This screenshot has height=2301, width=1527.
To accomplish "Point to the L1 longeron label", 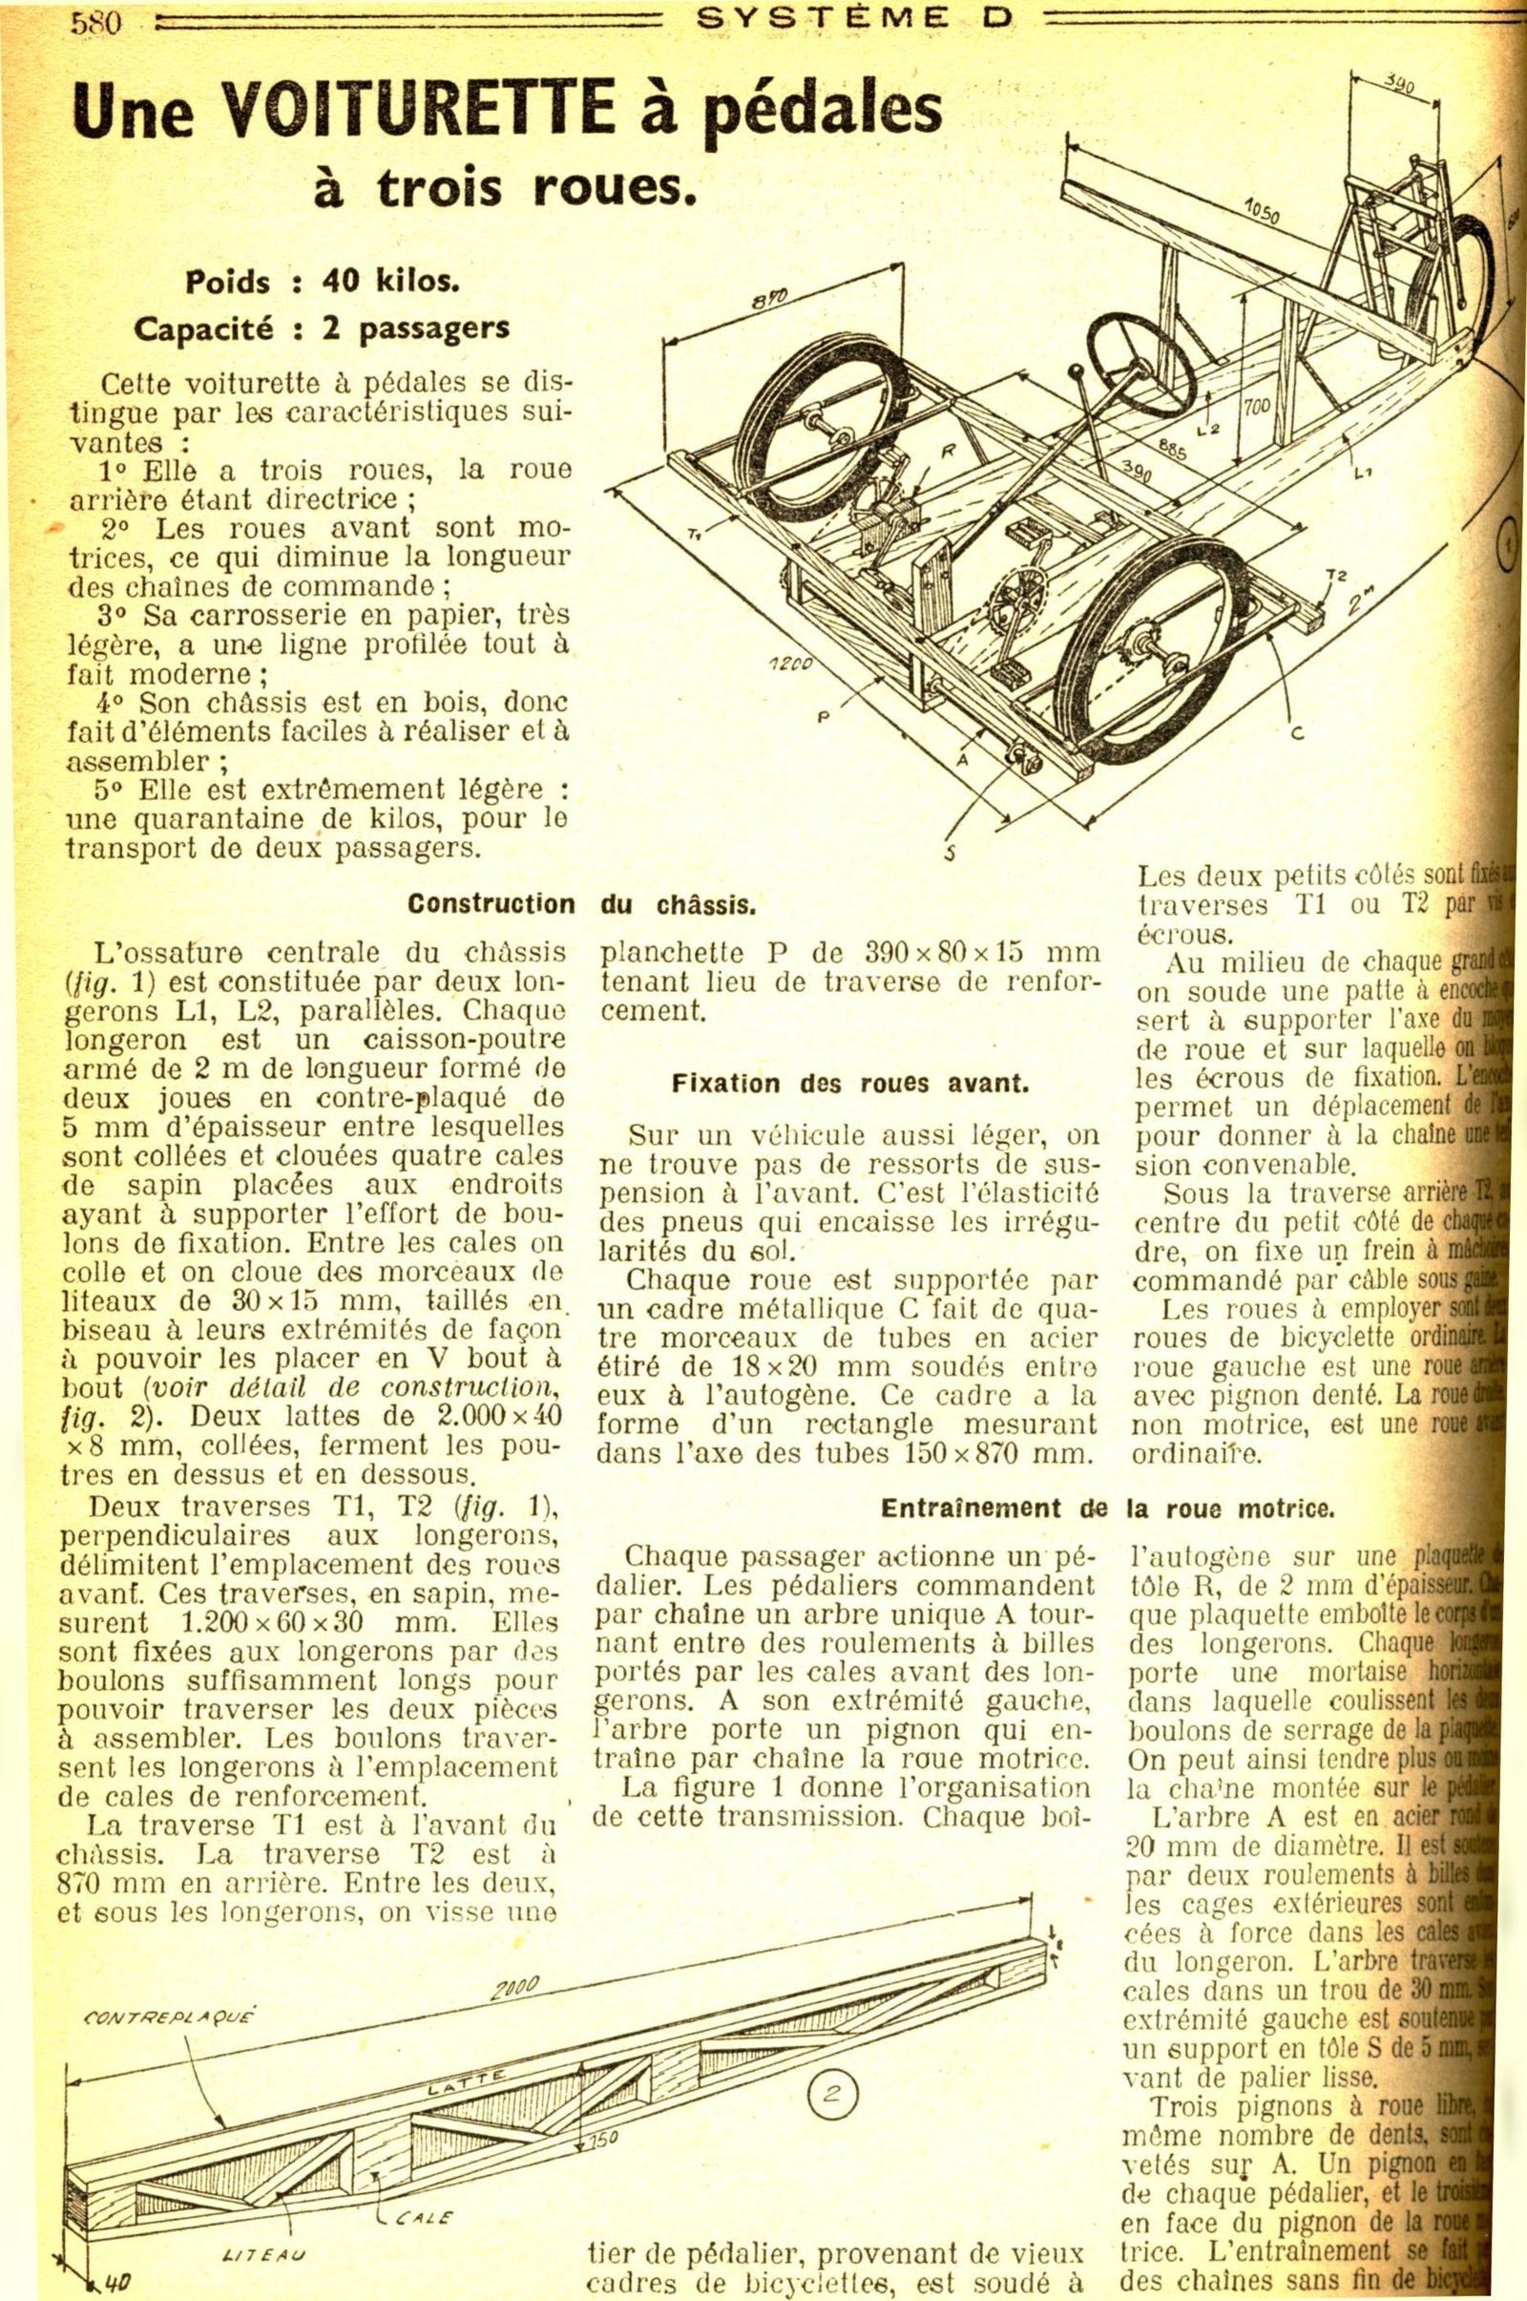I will [x=1363, y=475].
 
